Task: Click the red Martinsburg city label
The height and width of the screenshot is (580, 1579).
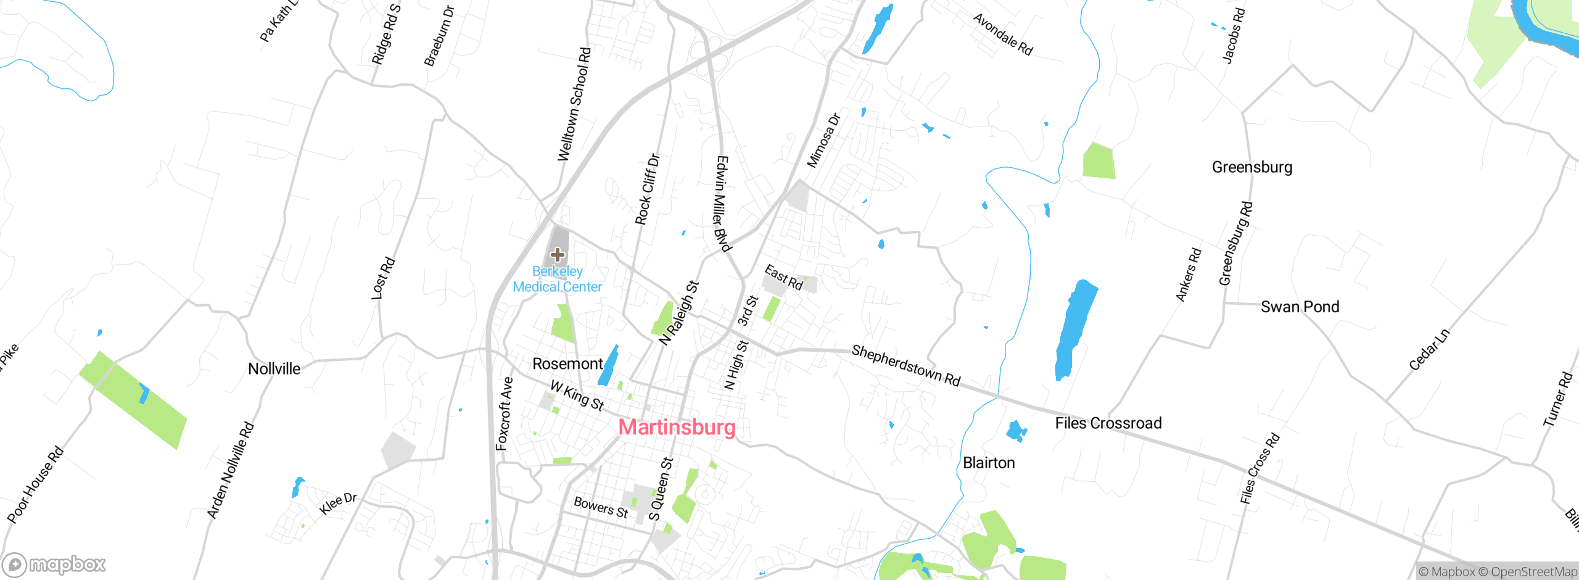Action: [x=677, y=427]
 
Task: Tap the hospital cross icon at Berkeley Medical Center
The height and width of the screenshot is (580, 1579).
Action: [x=558, y=254]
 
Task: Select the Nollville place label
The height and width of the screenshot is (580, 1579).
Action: [x=274, y=369]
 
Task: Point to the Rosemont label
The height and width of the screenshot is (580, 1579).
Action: [x=567, y=364]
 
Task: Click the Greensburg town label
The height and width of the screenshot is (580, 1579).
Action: [x=1252, y=167]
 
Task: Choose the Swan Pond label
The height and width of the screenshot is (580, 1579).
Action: [x=1300, y=307]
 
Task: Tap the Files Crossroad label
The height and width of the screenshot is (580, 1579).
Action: [x=1108, y=423]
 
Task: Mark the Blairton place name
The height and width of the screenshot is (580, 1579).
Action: [x=989, y=463]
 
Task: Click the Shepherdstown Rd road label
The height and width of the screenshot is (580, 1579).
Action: [x=906, y=366]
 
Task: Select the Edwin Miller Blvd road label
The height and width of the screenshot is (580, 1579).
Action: [x=723, y=204]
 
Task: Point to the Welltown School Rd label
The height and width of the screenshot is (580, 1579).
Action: [x=574, y=105]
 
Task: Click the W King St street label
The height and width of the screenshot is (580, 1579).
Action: [x=577, y=396]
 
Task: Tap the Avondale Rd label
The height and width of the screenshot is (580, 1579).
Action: [x=1002, y=35]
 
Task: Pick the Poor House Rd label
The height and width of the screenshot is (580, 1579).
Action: [x=35, y=485]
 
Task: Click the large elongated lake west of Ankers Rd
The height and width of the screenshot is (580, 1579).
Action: [x=1075, y=329]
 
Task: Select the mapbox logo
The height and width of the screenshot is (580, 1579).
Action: [x=54, y=564]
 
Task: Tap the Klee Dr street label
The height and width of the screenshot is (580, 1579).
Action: [x=338, y=503]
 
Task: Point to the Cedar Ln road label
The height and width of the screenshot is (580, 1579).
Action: [x=1429, y=350]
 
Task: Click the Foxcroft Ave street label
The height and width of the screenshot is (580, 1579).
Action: [x=505, y=413]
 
